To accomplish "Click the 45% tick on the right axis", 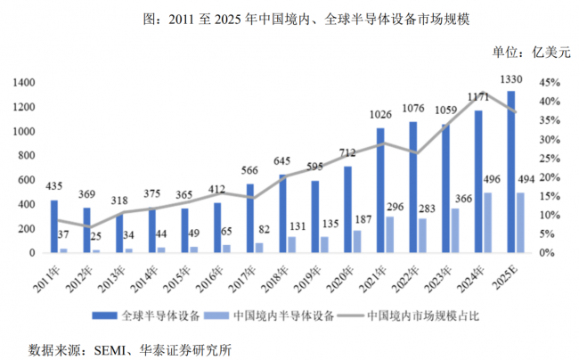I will click(549, 82).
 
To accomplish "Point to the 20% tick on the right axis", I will click(549, 176).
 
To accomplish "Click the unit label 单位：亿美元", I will click(531, 52).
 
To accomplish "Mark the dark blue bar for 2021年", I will click(381, 190).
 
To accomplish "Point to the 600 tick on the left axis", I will click(27, 179).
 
